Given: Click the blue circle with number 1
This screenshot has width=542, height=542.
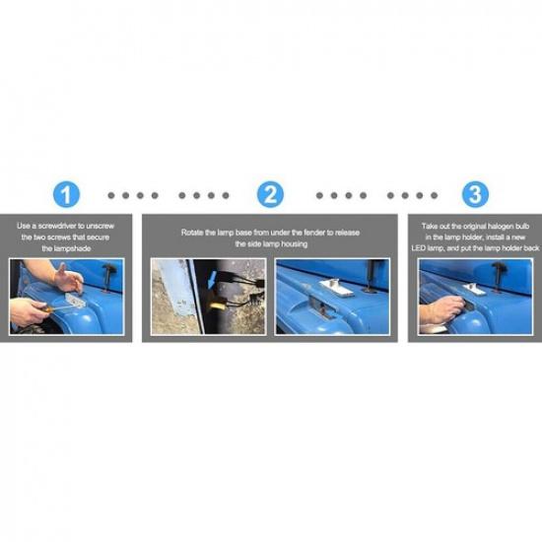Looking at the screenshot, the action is click(x=66, y=194).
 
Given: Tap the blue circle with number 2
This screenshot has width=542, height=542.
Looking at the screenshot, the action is click(x=270, y=194).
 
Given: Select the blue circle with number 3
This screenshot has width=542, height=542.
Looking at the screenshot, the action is click(x=475, y=194).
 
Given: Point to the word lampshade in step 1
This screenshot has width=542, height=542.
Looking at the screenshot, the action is click(x=66, y=249).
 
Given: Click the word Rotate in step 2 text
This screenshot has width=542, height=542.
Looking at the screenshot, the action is click(x=192, y=233).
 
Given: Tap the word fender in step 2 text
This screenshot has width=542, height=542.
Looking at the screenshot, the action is click(x=315, y=233).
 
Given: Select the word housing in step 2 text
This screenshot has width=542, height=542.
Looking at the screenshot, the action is click(x=294, y=244).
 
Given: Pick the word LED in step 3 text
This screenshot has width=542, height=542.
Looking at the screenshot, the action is click(x=419, y=248).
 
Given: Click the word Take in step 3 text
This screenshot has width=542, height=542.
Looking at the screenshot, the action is click(x=429, y=226).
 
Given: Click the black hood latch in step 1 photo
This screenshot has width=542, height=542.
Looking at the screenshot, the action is click(x=107, y=277).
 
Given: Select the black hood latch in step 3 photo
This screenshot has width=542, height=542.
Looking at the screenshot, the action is click(x=498, y=277).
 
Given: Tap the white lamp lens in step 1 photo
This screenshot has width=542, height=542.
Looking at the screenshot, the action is click(x=75, y=301).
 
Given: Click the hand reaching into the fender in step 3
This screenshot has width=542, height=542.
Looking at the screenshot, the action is click(x=440, y=309).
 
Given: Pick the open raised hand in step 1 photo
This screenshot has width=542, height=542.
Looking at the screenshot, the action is click(x=68, y=279).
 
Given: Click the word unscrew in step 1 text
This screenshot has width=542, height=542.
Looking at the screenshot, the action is click(x=101, y=226).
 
